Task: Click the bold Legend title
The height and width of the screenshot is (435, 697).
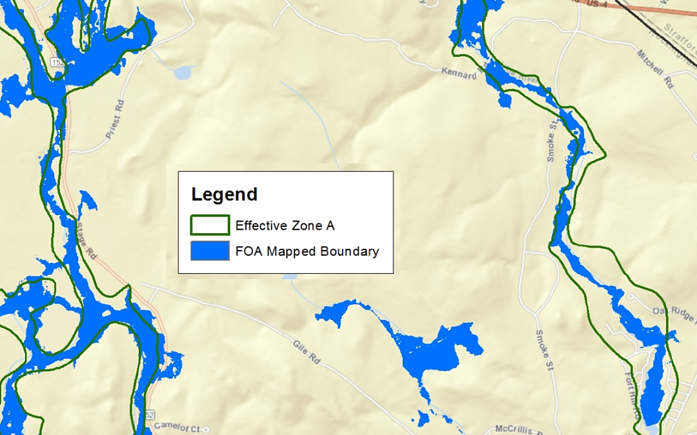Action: pyautogui.click(x=225, y=195)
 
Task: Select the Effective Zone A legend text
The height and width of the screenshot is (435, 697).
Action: pyautogui.click(x=285, y=226)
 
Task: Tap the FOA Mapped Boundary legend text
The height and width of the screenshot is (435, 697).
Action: pyautogui.click(x=307, y=251)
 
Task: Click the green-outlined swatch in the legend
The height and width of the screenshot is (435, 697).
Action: pyautogui.click(x=210, y=225)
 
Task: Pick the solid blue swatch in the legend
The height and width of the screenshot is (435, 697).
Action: pyautogui.click(x=210, y=251)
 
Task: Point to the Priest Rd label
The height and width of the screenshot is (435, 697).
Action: pyautogui.click(x=116, y=120)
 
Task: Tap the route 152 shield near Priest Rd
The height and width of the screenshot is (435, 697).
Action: pyautogui.click(x=56, y=61)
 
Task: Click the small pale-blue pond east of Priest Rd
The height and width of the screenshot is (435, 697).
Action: pyautogui.click(x=183, y=72)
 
